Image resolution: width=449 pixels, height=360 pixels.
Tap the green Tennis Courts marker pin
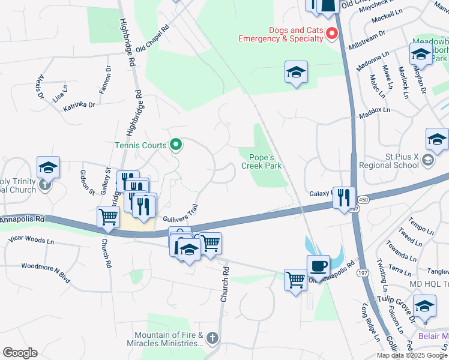[x=176, y=144]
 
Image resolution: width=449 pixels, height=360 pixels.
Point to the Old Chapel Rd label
[x=152, y=40]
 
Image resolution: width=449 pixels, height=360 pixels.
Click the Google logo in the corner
[x=20, y=353]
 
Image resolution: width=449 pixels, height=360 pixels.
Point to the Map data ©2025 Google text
[x=411, y=355]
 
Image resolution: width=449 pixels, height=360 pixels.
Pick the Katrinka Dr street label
[x=79, y=107]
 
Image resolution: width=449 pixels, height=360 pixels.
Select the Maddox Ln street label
[x=375, y=113]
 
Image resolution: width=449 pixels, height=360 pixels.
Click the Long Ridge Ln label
[x=370, y=323]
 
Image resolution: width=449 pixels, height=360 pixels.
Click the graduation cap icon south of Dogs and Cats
[x=296, y=73]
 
